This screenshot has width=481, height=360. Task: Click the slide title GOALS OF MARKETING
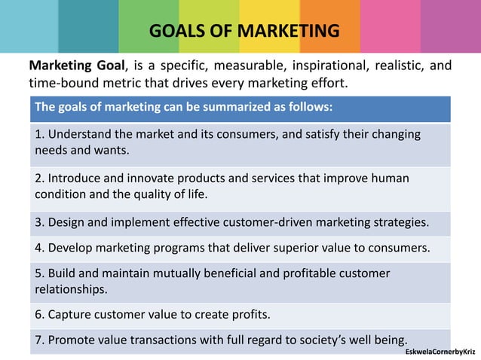click(x=244, y=32)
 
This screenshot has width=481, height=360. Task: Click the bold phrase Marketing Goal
click(x=72, y=66)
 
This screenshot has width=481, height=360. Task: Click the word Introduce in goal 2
click(x=75, y=178)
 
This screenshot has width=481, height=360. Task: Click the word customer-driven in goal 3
click(x=274, y=222)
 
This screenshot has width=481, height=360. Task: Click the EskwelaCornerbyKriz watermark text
click(x=440, y=352)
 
